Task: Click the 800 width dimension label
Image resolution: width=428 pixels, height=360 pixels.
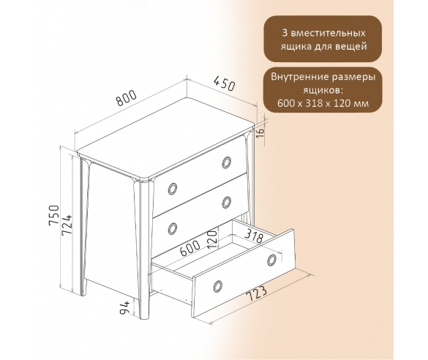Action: coord(126,97)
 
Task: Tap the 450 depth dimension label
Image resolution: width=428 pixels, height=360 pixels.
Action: coord(224,83)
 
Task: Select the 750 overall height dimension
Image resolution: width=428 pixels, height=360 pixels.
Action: coord(53,215)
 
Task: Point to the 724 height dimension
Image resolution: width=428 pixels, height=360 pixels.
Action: coord(67,225)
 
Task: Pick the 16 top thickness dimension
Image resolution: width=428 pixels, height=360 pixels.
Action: coord(260,132)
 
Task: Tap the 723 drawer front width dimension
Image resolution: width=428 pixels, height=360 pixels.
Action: coord(256,293)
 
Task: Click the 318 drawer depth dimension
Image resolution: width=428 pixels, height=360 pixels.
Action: coord(253,236)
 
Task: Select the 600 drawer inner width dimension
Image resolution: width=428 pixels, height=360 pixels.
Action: coord(190,248)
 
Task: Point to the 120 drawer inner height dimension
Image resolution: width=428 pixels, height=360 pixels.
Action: coord(213,239)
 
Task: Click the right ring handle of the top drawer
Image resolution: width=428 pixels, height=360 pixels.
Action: coord(227,162)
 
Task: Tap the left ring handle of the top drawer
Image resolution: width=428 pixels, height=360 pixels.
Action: coord(173,188)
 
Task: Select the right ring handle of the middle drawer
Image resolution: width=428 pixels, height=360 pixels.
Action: coord(227,202)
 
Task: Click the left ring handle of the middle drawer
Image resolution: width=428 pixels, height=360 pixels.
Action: coord(173,228)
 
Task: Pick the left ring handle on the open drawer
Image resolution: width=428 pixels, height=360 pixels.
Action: coord(217,286)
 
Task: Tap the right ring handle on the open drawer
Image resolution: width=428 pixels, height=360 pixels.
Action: coord(272,260)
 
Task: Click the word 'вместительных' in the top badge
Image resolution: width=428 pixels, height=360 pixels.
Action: coord(328,34)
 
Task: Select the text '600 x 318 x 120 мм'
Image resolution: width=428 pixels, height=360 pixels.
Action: coord(323,103)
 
